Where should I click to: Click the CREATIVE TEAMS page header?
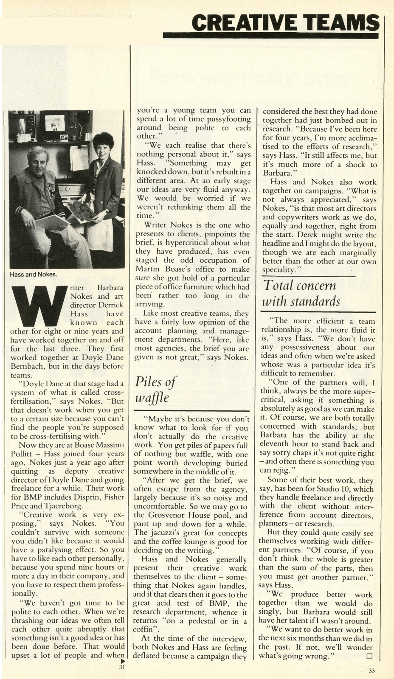tap(284, 22)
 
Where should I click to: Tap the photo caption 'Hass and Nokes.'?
tap(33, 274)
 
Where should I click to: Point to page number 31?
tap(123, 667)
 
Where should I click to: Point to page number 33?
tap(372, 671)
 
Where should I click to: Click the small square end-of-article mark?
tap(369, 656)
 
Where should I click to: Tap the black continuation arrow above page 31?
tap(123, 661)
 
